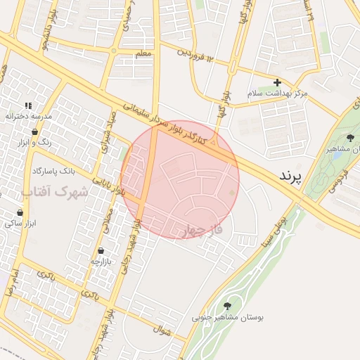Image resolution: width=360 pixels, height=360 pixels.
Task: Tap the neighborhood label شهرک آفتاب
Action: click(54, 191)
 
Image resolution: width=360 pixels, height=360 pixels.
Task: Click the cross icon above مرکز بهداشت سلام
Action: click(277, 82)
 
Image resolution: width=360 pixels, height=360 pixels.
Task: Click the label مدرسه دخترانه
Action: click(27, 116)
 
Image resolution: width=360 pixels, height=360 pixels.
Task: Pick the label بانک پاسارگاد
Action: click(53, 170)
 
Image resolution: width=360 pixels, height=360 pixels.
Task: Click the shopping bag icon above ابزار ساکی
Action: click(20, 212)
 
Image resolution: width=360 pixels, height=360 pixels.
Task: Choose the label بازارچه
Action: click(101, 261)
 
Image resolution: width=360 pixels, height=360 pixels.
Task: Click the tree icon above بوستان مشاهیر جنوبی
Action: click(227, 306)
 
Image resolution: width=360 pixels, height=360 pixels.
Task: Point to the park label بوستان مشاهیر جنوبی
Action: click(228, 318)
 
